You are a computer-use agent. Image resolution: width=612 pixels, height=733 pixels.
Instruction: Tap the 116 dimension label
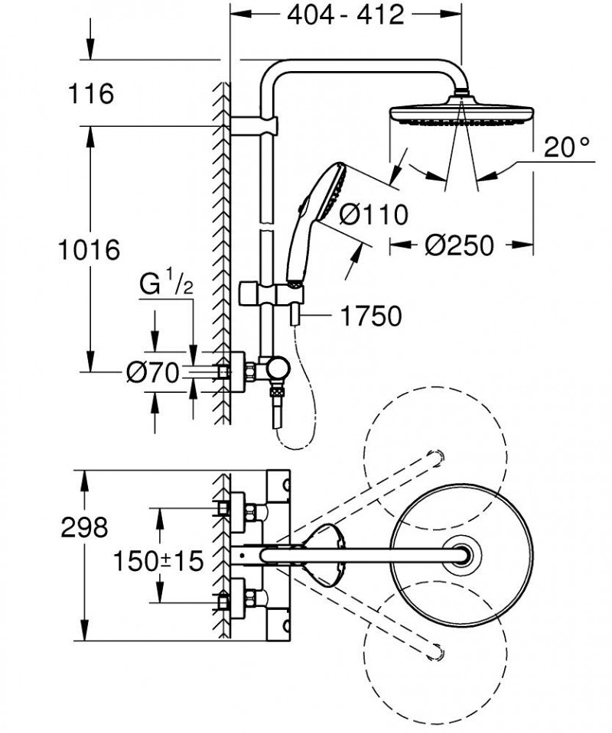coord(90,94)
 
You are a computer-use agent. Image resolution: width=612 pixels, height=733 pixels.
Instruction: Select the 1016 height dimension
coord(90,250)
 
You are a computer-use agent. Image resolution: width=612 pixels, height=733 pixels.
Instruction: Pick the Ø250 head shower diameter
coord(459,245)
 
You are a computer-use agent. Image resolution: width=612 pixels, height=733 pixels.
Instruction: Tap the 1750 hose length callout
coord(373,316)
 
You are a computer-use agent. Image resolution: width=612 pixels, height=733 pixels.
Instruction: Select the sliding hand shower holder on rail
coord(268,294)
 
